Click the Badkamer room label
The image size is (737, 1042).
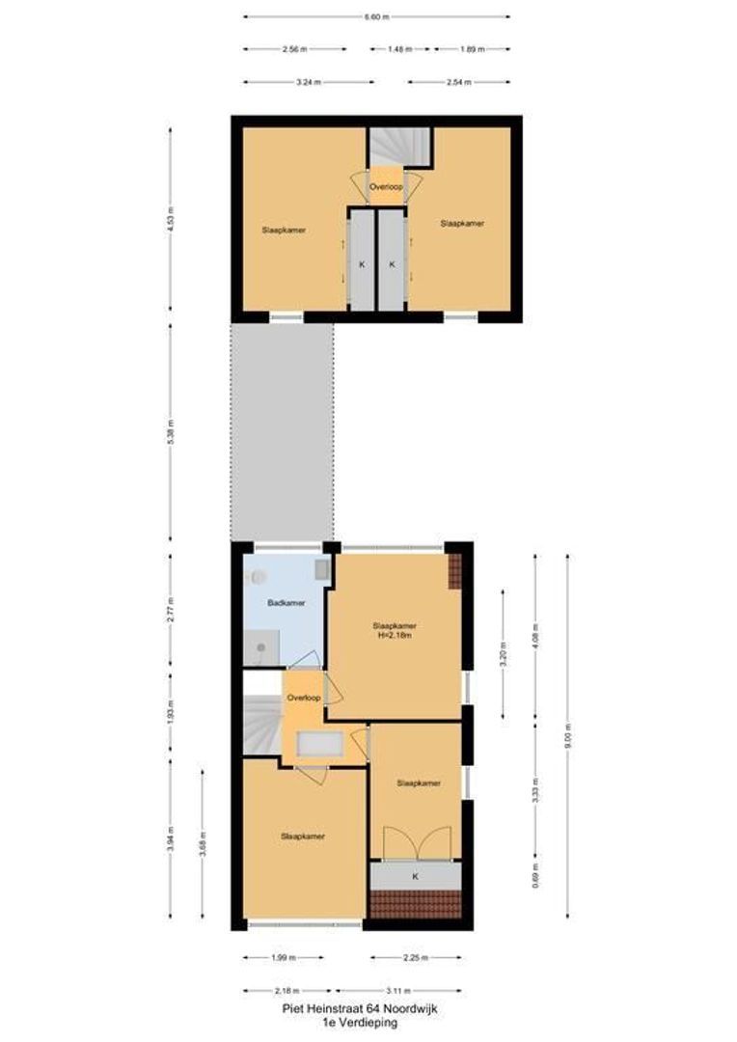tap(287, 602)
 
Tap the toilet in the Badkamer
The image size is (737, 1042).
tap(257, 577)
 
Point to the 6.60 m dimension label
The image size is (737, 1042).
tap(376, 16)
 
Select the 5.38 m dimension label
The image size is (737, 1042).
tap(171, 431)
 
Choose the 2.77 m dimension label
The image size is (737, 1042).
tap(171, 609)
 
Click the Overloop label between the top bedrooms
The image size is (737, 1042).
tap(386, 186)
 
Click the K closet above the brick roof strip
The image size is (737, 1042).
tap(415, 876)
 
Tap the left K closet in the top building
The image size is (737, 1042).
tap(362, 263)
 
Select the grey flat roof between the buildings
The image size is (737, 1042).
tap(282, 431)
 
